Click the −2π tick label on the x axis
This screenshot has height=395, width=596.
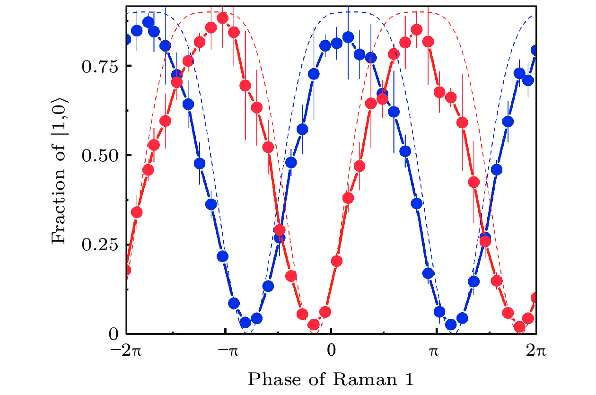click(125, 352)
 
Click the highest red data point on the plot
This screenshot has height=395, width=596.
click(223, 18)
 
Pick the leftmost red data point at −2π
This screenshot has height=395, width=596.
click(126, 270)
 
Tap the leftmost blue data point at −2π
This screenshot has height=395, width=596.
click(126, 39)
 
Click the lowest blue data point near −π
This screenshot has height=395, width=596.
click(245, 323)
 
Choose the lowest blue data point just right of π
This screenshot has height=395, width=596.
click(451, 325)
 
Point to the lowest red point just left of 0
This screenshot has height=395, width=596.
click(314, 325)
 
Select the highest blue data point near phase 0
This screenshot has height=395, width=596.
click(348, 37)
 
